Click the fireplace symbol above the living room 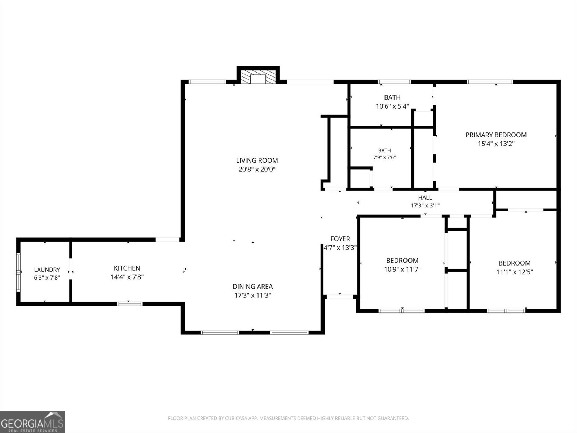pyautogui.click(x=258, y=77)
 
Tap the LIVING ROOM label pyautogui.click(x=257, y=160)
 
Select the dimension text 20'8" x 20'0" pyautogui.click(x=257, y=169)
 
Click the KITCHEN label pyautogui.click(x=127, y=268)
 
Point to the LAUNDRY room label pyautogui.click(x=47, y=270)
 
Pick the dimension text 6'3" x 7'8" pyautogui.click(x=47, y=278)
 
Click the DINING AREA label pyautogui.click(x=253, y=287)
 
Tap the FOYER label pyautogui.click(x=340, y=239)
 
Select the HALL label pyautogui.click(x=425, y=198)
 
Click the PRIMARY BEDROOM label pyautogui.click(x=496, y=135)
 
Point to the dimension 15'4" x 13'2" pyautogui.click(x=496, y=144)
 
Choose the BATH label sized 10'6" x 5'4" pyautogui.click(x=392, y=97)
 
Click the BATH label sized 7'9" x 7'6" pyautogui.click(x=384, y=150)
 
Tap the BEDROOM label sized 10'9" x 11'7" pyautogui.click(x=402, y=261)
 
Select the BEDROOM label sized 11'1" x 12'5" pyautogui.click(x=515, y=263)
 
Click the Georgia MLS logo pyautogui.click(x=32, y=422)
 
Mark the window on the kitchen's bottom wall pyautogui.click(x=129, y=304)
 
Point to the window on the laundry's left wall pyautogui.click(x=18, y=272)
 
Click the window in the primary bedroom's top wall pyautogui.click(x=490, y=82)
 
